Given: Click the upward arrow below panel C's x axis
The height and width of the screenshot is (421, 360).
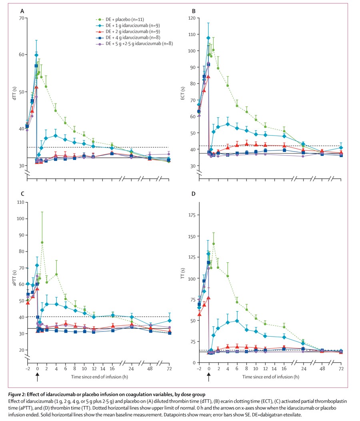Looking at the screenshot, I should point(37,377).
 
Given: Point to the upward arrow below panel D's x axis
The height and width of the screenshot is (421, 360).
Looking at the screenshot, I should point(208,377).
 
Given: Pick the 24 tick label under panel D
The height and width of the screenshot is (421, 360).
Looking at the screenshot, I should point(303,369).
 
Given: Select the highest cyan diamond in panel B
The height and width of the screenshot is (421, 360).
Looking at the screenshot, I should point(208,38).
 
